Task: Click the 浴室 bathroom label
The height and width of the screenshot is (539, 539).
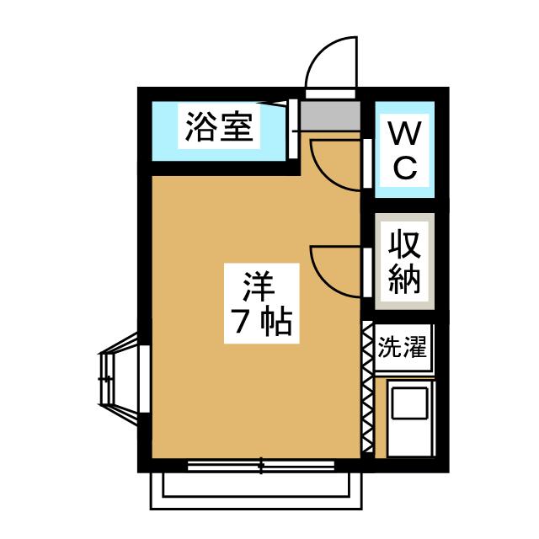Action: coord(218,129)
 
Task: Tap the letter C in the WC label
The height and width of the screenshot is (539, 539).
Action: coord(404,168)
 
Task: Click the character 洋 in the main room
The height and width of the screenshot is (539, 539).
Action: coord(259,286)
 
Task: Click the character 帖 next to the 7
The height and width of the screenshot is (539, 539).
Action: coord(276,323)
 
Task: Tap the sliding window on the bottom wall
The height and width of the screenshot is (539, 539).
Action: coord(261,464)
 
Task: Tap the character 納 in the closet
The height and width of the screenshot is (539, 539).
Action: coord(404,279)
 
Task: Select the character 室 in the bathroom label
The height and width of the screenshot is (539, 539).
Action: coord(236,129)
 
